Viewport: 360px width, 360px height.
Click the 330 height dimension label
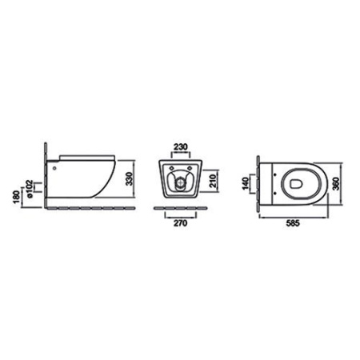tap(129, 179)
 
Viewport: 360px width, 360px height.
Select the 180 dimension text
tap(17, 197)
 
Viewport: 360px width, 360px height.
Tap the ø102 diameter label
tap(29, 189)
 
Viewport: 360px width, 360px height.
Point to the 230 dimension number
tap(181, 146)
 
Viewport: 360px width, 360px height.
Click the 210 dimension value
tap(213, 181)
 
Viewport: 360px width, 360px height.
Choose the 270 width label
tap(181, 223)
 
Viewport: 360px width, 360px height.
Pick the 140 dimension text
tap(246, 183)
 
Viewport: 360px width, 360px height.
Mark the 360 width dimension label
tap(336, 183)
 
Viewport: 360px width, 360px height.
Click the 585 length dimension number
tap(293, 223)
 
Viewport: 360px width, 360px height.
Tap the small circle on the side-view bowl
tap(54, 168)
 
